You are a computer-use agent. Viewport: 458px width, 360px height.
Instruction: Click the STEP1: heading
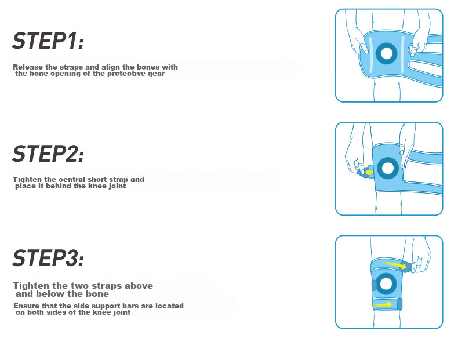click(x=48, y=41)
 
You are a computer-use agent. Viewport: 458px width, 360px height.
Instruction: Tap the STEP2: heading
click(x=48, y=154)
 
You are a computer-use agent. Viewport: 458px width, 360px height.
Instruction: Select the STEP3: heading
click(x=48, y=258)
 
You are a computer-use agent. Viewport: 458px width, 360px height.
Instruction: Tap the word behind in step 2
click(x=59, y=186)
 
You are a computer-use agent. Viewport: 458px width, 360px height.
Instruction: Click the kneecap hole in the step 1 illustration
click(x=386, y=53)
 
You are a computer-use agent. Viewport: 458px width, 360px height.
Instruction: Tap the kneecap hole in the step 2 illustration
click(x=388, y=168)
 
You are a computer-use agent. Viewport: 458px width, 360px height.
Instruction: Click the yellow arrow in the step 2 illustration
click(x=369, y=172)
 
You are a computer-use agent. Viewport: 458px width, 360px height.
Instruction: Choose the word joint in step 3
click(x=122, y=312)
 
